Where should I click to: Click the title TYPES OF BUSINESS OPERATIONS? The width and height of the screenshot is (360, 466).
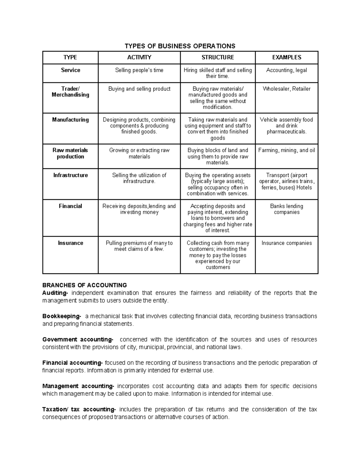pyautogui.click(x=180, y=46)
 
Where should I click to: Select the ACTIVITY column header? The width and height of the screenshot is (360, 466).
pyautogui.click(x=139, y=57)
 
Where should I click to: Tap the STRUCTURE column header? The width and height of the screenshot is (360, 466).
pyautogui.click(x=218, y=57)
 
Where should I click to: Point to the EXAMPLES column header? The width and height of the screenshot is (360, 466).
pyautogui.click(x=286, y=57)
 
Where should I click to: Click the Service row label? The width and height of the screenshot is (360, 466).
pyautogui.click(x=70, y=70)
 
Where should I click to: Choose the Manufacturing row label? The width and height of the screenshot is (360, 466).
pyautogui.click(x=70, y=120)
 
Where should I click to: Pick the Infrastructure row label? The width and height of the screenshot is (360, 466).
pyautogui.click(x=70, y=175)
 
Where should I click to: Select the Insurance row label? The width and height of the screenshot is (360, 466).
pyautogui.click(x=70, y=243)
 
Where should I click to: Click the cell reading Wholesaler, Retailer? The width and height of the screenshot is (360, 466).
pyautogui.click(x=286, y=89)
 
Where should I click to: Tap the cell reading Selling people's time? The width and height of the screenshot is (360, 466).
pyautogui.click(x=139, y=70)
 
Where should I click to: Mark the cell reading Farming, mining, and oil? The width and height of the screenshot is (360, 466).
pyautogui.click(x=286, y=150)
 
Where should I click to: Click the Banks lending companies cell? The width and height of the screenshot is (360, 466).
pyautogui.click(x=286, y=209)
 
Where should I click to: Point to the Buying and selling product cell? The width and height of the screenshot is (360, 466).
pyautogui.click(x=139, y=89)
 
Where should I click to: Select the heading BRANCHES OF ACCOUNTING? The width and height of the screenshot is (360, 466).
pyautogui.click(x=85, y=285)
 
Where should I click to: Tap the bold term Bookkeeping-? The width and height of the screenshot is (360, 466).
pyautogui.click(x=61, y=316)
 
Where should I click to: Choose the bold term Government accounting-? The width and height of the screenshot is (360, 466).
pyautogui.click(x=78, y=339)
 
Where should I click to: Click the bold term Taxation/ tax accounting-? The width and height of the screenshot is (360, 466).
pyautogui.click(x=79, y=409)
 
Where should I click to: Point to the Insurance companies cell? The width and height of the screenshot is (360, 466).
pyautogui.click(x=286, y=243)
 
